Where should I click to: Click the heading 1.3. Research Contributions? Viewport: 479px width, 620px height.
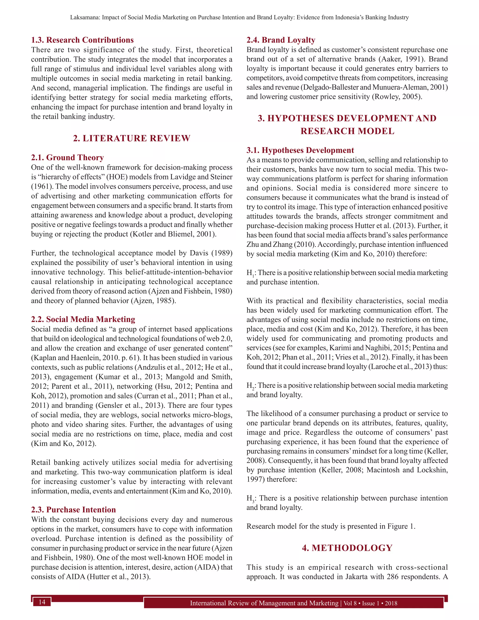click(82, 40)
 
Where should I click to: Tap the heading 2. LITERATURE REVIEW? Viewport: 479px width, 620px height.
click(132, 138)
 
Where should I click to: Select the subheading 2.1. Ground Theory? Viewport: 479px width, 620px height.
click(67, 157)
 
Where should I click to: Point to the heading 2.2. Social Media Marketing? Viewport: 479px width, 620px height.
click(83, 319)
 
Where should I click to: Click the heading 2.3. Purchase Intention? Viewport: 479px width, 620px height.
click(73, 510)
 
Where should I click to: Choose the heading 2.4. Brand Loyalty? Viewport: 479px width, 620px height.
click(281, 40)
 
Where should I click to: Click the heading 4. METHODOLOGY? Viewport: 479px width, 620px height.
click(347, 548)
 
